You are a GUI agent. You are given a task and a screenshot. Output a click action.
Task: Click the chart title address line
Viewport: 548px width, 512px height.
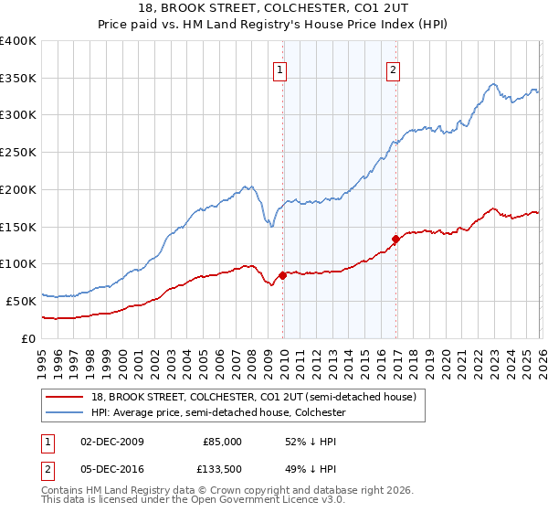point(274,9)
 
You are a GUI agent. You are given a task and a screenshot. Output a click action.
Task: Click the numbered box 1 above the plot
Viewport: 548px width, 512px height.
point(279,68)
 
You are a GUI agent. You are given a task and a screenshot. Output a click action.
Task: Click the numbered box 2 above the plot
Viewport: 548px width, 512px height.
point(393,68)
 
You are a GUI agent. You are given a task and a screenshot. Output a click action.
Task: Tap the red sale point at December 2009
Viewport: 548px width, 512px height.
point(282,274)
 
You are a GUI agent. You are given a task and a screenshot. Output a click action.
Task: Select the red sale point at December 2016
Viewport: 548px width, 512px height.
point(395,240)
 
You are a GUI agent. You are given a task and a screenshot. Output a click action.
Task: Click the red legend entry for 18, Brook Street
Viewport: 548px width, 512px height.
point(254,397)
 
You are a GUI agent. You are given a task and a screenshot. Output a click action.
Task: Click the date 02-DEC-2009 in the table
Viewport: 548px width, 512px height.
point(112,441)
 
